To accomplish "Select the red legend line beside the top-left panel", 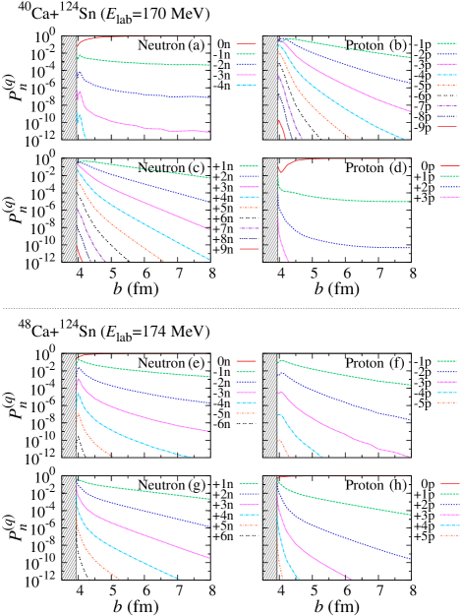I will tap(246, 43).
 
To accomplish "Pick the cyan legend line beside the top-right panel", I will tap(446, 75).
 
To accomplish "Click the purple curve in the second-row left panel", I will tap(88, 236).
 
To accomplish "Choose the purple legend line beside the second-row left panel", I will tap(249, 228).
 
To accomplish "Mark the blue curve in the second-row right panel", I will tap(334, 242).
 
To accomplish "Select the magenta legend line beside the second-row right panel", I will tap(448, 197).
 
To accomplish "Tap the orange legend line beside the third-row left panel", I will tap(246, 413).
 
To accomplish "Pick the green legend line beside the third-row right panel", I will tap(446, 361).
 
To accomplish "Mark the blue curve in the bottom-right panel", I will tap(344, 537).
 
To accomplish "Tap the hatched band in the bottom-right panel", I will tap(269, 527).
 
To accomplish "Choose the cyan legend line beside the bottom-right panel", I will tap(448, 525).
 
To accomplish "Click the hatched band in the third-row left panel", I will tap(69, 405).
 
